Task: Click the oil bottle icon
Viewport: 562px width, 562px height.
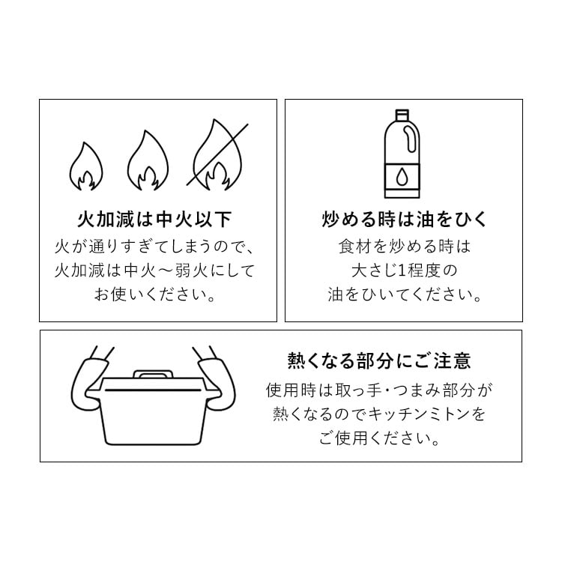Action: [402, 154]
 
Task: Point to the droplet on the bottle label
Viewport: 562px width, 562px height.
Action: [402, 177]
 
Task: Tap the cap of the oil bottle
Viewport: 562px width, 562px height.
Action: [402, 115]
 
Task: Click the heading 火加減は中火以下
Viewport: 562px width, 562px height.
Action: [154, 220]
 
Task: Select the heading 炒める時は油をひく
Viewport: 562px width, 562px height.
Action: [404, 220]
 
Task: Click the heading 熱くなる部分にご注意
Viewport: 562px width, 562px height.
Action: [379, 360]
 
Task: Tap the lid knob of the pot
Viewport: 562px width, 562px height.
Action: [153, 374]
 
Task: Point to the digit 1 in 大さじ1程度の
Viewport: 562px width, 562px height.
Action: [402, 271]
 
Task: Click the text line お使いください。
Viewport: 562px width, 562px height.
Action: [155, 294]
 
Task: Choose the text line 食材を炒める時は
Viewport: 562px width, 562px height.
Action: [404, 247]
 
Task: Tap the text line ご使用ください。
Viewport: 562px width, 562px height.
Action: [379, 438]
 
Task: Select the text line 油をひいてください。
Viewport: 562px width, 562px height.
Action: [404, 294]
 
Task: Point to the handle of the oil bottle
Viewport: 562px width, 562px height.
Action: [409, 140]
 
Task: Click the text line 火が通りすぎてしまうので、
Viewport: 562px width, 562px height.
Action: [154, 247]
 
